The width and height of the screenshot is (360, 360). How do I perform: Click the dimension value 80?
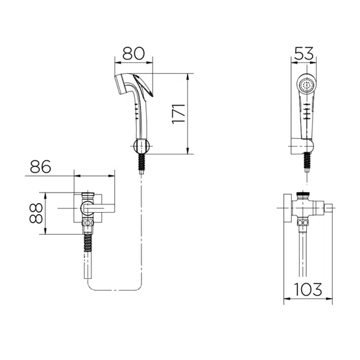(x=134, y=53)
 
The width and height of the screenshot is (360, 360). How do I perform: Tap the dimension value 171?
(x=178, y=114)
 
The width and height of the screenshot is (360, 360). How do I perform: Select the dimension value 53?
(x=304, y=53)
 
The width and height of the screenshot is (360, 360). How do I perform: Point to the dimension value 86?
(x=40, y=167)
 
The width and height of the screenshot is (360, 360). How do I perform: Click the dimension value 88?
(x=36, y=213)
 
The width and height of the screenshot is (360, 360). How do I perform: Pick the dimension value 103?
(x=308, y=289)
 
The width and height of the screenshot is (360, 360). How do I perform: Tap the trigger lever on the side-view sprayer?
(x=143, y=86)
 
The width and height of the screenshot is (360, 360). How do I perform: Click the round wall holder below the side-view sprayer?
(x=141, y=147)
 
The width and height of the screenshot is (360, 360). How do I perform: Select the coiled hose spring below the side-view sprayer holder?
(x=142, y=162)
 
